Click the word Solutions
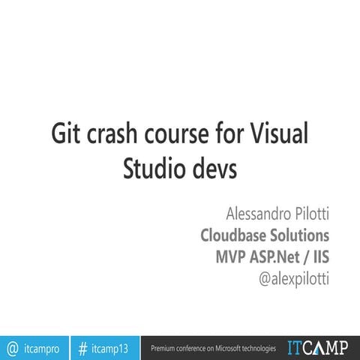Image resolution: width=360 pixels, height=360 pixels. [301, 235]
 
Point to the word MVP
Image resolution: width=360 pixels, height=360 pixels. [232, 257]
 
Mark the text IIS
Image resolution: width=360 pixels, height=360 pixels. [321, 257]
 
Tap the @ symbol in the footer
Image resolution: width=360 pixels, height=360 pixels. [12, 348]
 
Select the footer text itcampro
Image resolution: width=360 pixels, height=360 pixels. [43, 348]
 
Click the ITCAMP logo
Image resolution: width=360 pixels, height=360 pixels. [317, 347]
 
